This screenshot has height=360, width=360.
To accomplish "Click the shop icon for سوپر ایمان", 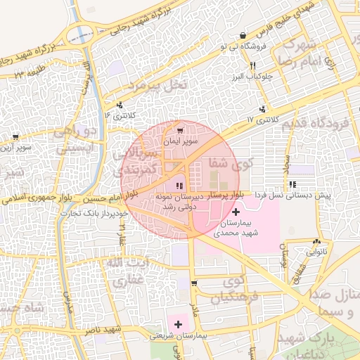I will click(x=180, y=131).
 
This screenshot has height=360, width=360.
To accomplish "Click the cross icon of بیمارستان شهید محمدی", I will click(x=235, y=211).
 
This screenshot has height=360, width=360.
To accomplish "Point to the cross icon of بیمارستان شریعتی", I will click(x=178, y=324).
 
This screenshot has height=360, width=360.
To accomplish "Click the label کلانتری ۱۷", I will click(x=240, y=120).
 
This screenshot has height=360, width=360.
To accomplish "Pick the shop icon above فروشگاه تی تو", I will click(x=243, y=35).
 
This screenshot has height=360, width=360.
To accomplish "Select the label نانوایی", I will click(x=316, y=250).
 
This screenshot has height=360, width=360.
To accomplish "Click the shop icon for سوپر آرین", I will click(x=15, y=138).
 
